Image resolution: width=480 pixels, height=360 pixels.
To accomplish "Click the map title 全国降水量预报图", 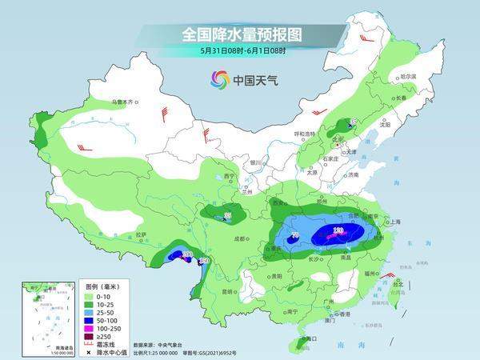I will point(239,34).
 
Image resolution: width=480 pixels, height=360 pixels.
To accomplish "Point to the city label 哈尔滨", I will point(408,77).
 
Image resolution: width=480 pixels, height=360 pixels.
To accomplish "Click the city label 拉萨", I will point(141,234).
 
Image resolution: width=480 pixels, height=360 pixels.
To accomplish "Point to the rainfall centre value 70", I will point(296,235).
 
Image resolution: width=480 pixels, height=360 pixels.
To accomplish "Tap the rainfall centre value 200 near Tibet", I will point(188,255).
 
